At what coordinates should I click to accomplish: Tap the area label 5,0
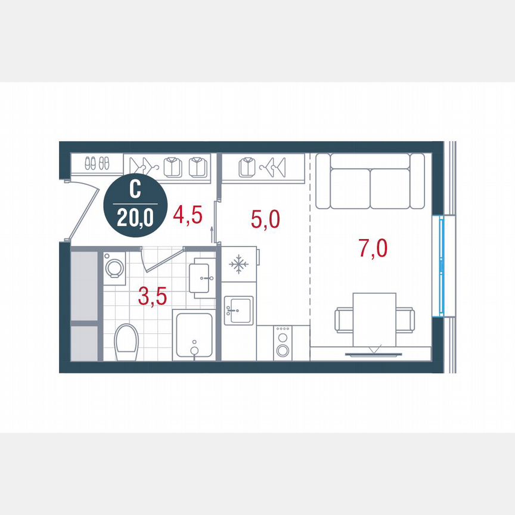click(x=265, y=219)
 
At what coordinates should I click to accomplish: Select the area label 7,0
click(x=373, y=247)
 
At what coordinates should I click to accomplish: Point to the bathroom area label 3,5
click(x=153, y=296)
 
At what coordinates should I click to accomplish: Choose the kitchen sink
click(x=238, y=310)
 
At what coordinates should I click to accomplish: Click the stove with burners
click(x=283, y=343)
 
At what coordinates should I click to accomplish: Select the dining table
click(x=374, y=318)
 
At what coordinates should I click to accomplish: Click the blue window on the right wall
click(x=442, y=266)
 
